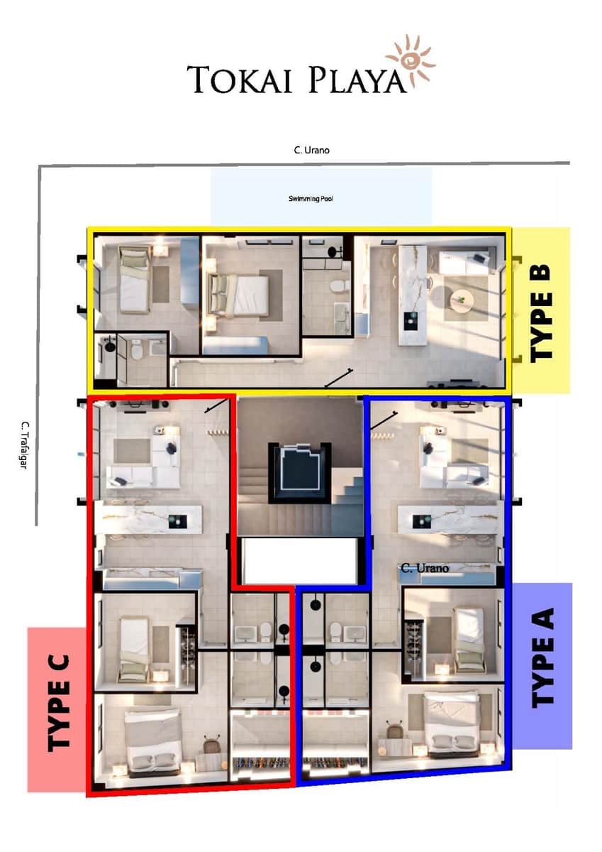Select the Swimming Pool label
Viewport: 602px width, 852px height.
click(311, 199)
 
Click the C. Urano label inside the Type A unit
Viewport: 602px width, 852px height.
click(425, 568)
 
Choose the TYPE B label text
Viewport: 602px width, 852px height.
click(541, 312)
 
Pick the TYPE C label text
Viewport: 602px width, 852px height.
click(58, 703)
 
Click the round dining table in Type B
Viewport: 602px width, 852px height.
click(462, 300)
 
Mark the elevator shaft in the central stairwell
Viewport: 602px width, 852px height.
click(297, 469)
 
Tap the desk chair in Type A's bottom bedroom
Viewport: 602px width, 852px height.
click(395, 729)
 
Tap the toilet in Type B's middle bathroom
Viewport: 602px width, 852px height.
click(338, 286)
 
